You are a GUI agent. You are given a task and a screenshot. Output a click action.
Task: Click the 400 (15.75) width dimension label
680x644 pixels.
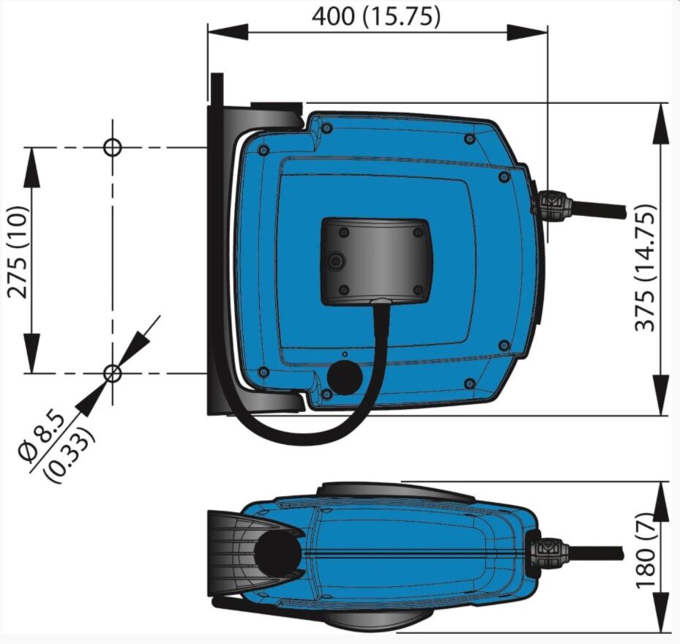(x=376, y=18)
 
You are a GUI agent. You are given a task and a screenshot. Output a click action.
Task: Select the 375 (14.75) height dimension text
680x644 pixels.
(x=645, y=268)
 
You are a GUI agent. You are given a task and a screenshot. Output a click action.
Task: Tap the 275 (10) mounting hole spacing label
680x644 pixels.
(x=18, y=252)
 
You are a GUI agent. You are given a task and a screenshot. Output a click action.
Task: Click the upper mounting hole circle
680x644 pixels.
(x=113, y=147)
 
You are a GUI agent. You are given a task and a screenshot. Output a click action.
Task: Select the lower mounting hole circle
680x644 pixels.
(x=113, y=373)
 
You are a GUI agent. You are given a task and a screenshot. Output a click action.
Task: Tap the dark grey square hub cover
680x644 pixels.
(x=376, y=261)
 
